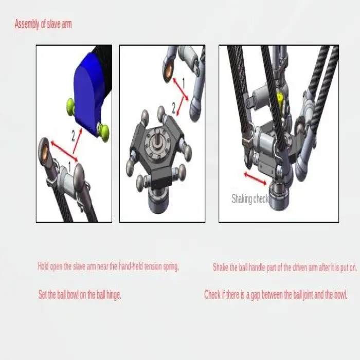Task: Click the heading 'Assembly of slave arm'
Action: coord(43,24)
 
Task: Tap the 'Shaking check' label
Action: coord(250,199)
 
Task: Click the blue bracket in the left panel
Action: coord(91,95)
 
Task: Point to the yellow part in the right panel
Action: coord(280,98)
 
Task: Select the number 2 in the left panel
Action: coord(73,136)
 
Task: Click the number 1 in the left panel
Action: coord(70,166)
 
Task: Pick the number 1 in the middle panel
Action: coord(184,83)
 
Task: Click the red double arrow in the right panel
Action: coord(255,178)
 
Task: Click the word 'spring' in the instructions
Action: coord(171,266)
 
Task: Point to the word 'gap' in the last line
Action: coord(255,295)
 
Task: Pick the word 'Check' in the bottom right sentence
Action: coord(212,295)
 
